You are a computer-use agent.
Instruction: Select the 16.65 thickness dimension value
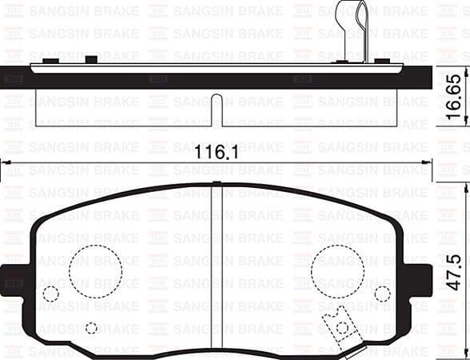tap(453, 96)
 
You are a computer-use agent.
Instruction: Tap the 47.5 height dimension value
tap(453, 272)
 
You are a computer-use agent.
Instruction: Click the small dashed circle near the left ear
tap(50, 294)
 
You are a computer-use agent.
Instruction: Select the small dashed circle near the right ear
tap(384, 294)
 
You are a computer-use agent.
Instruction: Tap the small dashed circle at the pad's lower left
tap(91, 328)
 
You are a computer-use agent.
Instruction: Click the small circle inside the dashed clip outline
tap(342, 326)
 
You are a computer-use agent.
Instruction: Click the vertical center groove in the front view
tap(217, 272)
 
